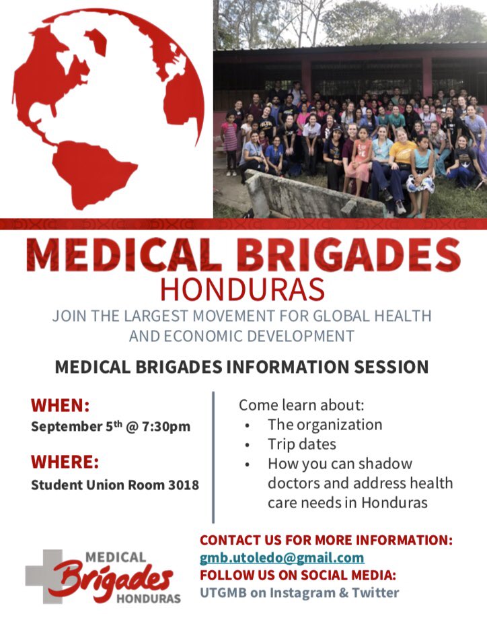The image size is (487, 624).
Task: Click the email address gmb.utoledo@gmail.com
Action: click(x=282, y=558)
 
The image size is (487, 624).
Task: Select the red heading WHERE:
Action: click(x=65, y=462)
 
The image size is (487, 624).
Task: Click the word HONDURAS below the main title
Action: click(x=243, y=289)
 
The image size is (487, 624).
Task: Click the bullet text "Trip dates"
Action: click(x=301, y=444)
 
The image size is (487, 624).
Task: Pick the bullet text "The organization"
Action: click(x=324, y=425)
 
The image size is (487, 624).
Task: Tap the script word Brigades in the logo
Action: click(x=111, y=580)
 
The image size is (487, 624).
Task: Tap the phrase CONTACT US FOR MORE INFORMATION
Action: click(x=326, y=541)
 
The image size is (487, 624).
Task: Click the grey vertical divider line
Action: click(x=213, y=458)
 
